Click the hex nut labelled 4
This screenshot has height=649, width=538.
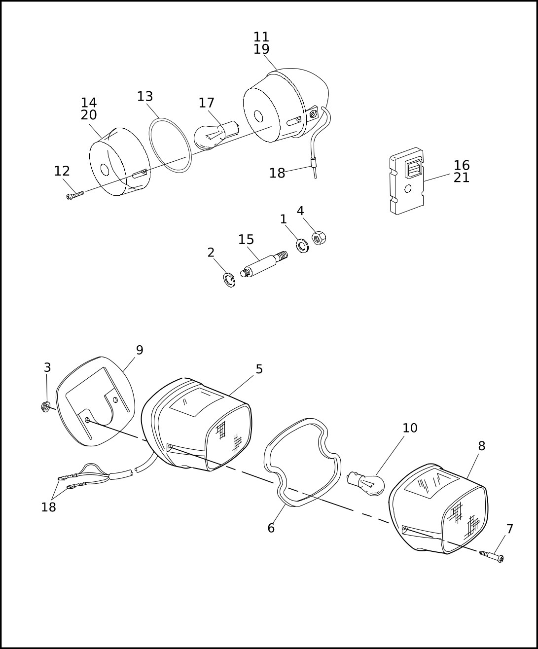point(319,238)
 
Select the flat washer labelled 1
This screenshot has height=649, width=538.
point(302,246)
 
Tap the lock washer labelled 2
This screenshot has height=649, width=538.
point(229,280)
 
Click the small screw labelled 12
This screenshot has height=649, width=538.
point(75,195)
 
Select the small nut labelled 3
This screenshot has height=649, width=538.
point(46,407)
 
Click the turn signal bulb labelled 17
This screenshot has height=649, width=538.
point(216,135)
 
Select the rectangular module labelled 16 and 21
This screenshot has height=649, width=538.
point(407,181)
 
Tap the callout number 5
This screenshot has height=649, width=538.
point(259,369)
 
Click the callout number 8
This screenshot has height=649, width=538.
point(481,446)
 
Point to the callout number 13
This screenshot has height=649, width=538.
point(145,96)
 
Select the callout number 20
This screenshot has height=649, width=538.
point(89,115)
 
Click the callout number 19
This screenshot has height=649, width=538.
point(261,49)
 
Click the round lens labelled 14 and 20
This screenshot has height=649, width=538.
point(120,162)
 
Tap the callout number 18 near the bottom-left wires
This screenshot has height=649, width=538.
point(48,507)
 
